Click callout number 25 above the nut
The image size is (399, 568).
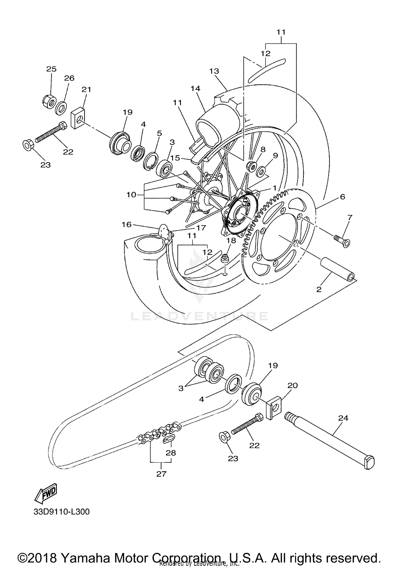[51, 69]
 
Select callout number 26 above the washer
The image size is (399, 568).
[69, 78]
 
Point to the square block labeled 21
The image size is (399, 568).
[77, 118]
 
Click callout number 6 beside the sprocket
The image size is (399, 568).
[342, 197]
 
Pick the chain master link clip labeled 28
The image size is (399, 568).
[169, 440]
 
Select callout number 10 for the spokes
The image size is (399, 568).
[131, 195]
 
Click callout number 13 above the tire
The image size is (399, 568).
[214, 71]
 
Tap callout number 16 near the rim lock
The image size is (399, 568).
[127, 225]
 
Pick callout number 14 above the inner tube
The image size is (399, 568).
[195, 88]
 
